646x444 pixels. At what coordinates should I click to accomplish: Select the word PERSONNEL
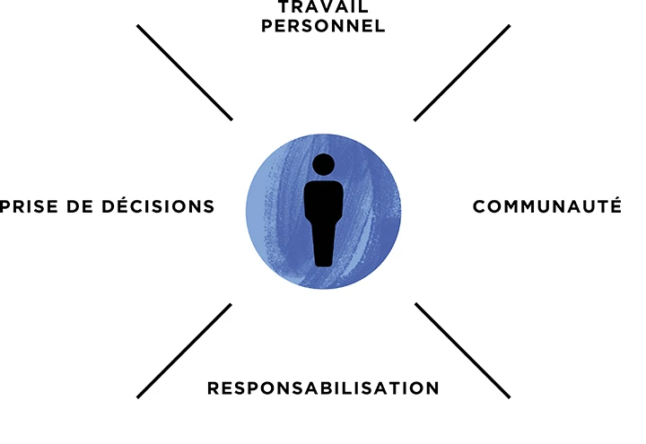(324, 26)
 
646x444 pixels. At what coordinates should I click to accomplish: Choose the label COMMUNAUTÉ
(547, 206)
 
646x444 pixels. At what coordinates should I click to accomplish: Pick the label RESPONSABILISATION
(323, 388)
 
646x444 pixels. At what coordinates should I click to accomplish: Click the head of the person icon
(323, 165)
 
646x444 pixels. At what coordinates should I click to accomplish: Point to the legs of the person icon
(323, 247)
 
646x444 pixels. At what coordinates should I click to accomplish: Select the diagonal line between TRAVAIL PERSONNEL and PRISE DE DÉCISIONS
(185, 73)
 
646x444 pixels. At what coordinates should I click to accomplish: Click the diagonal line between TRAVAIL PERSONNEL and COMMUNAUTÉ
(462, 73)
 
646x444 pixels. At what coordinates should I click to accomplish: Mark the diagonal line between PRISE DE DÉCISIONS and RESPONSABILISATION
(185, 351)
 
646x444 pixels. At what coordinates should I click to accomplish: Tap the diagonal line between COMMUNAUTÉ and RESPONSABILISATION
(462, 351)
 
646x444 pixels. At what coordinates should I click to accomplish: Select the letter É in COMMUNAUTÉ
(615, 205)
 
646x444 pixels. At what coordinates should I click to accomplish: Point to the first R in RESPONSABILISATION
(214, 388)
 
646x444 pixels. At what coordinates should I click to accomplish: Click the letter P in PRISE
(6, 206)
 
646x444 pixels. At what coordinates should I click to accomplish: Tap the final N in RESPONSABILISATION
(432, 388)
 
